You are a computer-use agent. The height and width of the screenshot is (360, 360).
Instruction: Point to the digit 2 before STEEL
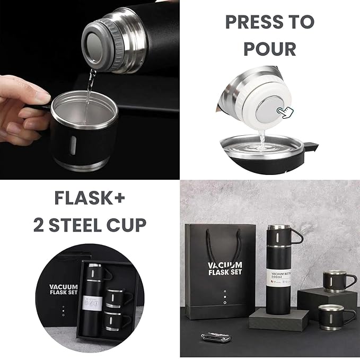(x=39, y=225)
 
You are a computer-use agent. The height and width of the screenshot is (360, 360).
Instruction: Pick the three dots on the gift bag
(x=224, y=297)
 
